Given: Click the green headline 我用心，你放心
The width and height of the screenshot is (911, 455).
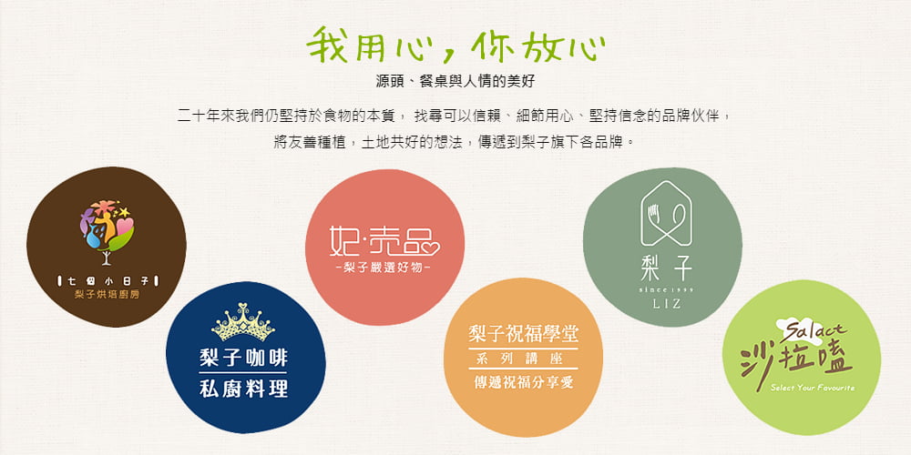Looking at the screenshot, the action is coord(455,45).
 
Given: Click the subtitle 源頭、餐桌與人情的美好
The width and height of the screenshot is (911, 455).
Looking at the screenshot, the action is coord(455,82).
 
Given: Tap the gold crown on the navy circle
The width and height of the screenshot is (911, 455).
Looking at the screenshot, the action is coord(243,322).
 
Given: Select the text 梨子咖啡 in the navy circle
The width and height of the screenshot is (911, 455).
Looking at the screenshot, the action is coord(243,358).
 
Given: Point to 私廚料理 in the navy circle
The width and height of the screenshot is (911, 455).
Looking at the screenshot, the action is coord(243,389).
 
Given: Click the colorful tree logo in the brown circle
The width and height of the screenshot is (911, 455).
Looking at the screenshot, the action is coord(107,231).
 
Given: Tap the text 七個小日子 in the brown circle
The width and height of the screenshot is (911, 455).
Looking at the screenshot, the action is coord(107,282).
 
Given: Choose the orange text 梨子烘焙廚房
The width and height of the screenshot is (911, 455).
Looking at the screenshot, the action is coord(107,295).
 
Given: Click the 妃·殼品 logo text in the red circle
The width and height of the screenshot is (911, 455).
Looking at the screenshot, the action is coord(384,241).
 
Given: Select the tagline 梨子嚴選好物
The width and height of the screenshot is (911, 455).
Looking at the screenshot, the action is coord(384,268).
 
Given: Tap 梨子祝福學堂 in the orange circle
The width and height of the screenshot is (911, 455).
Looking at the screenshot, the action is coord(524,334).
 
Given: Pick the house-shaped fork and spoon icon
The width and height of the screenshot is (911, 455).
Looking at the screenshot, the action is coord(666,214).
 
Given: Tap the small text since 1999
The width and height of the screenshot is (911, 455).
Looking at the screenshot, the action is coord(666,289).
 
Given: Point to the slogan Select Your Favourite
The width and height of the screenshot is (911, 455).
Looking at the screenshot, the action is coord(813,388).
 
